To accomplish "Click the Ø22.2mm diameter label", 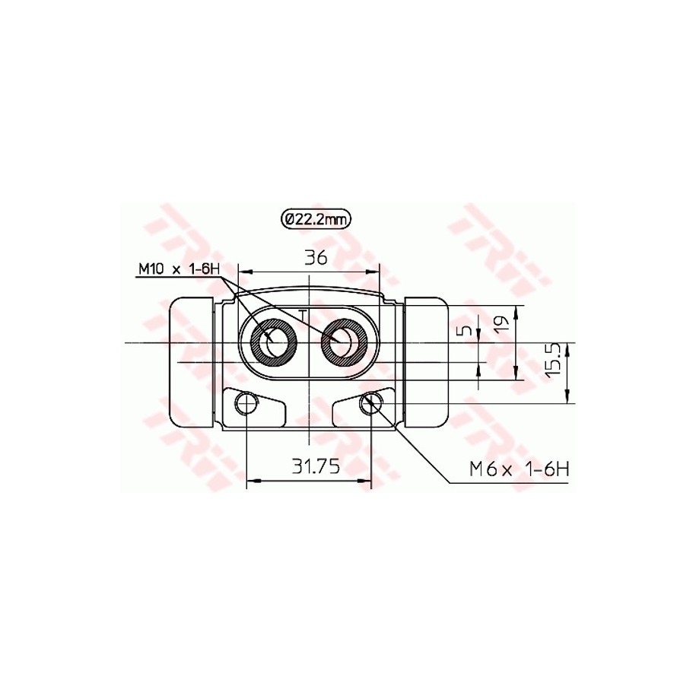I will [315, 220].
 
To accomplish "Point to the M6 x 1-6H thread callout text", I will [519, 469].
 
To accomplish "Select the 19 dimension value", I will [501, 326].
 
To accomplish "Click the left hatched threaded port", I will [275, 342].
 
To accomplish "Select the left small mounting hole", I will [246, 403].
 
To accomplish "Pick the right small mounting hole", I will [371, 403].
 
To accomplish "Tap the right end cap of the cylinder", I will [428, 363].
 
